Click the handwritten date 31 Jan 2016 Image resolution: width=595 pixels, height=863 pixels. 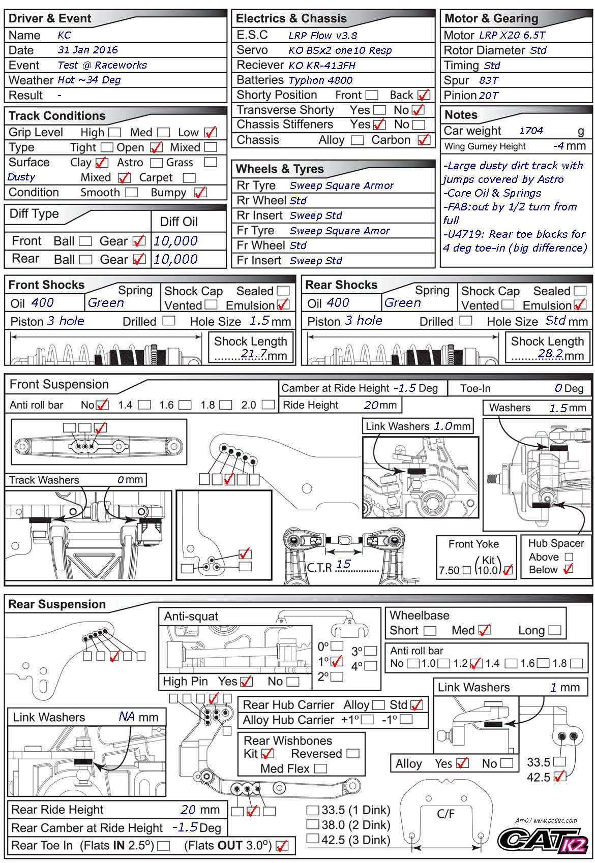[87, 50]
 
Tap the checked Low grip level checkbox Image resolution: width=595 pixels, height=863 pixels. [211, 133]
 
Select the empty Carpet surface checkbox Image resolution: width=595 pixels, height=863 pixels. [189, 178]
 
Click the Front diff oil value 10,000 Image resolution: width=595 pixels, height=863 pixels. [175, 241]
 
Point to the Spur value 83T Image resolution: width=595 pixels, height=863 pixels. [488, 80]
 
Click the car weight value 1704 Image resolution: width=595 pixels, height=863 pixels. [531, 131]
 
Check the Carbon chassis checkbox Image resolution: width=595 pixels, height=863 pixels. [424, 140]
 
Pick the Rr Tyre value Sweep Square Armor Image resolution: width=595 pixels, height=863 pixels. [342, 186]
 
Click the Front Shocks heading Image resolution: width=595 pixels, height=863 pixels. [46, 285]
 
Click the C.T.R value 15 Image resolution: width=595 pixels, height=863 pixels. [344, 564]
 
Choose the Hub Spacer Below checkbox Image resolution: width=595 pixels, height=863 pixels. [569, 569]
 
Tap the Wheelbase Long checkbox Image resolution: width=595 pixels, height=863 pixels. [555, 631]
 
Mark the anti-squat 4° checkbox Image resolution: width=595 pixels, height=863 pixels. [371, 666]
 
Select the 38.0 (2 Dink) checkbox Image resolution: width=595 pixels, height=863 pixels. [313, 825]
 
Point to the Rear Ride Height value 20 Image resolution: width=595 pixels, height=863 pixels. [188, 810]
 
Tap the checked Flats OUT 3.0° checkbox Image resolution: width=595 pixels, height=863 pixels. [281, 846]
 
